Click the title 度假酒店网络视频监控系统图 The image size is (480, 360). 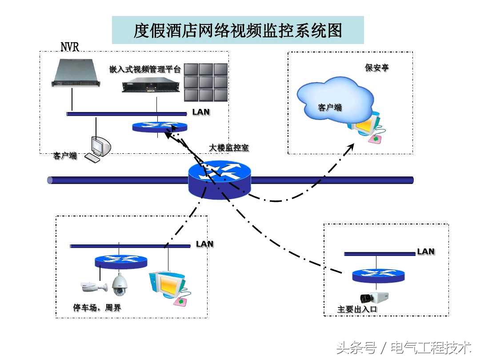coord(238,30)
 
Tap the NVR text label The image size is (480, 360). coord(70,46)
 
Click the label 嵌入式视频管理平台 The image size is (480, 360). coord(145,69)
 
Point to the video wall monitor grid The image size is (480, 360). coord(206,82)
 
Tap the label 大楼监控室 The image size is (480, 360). coord(229,148)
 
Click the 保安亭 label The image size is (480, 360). coord(377,68)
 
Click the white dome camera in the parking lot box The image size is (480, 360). coord(120,285)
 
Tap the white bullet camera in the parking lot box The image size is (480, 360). coord(94,287)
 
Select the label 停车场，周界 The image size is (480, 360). coord(97,308)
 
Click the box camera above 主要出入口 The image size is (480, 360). coord(375,298)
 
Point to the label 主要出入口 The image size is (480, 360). coord(357,309)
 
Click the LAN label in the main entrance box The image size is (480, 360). coord(425,252)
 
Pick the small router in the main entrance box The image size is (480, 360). coord(379,276)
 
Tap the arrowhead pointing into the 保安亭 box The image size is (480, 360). coord(351,146)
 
